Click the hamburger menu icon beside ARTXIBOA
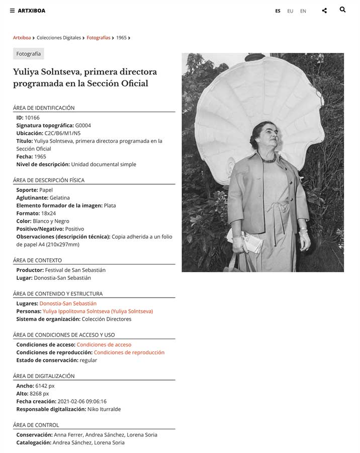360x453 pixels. tap(12, 11)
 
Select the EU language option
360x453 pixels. tap(290, 11)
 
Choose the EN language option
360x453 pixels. tap(303, 11)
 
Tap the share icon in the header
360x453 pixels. tap(324, 11)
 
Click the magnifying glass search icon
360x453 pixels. tap(342, 10)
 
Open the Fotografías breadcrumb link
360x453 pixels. tap(99, 38)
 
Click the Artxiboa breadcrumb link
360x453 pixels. tap(22, 38)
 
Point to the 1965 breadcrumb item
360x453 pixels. tap(121, 38)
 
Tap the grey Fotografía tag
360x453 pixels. tap(29, 54)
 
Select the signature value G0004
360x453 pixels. tap(83, 125)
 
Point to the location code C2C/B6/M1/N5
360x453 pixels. tap(62, 133)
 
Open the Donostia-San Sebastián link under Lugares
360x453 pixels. tap(68, 304)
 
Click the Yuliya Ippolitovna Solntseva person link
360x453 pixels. tap(98, 312)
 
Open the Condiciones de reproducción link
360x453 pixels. tap(129, 353)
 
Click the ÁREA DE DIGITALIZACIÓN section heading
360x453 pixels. tap(44, 376)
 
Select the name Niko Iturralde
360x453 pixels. tap(104, 409)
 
